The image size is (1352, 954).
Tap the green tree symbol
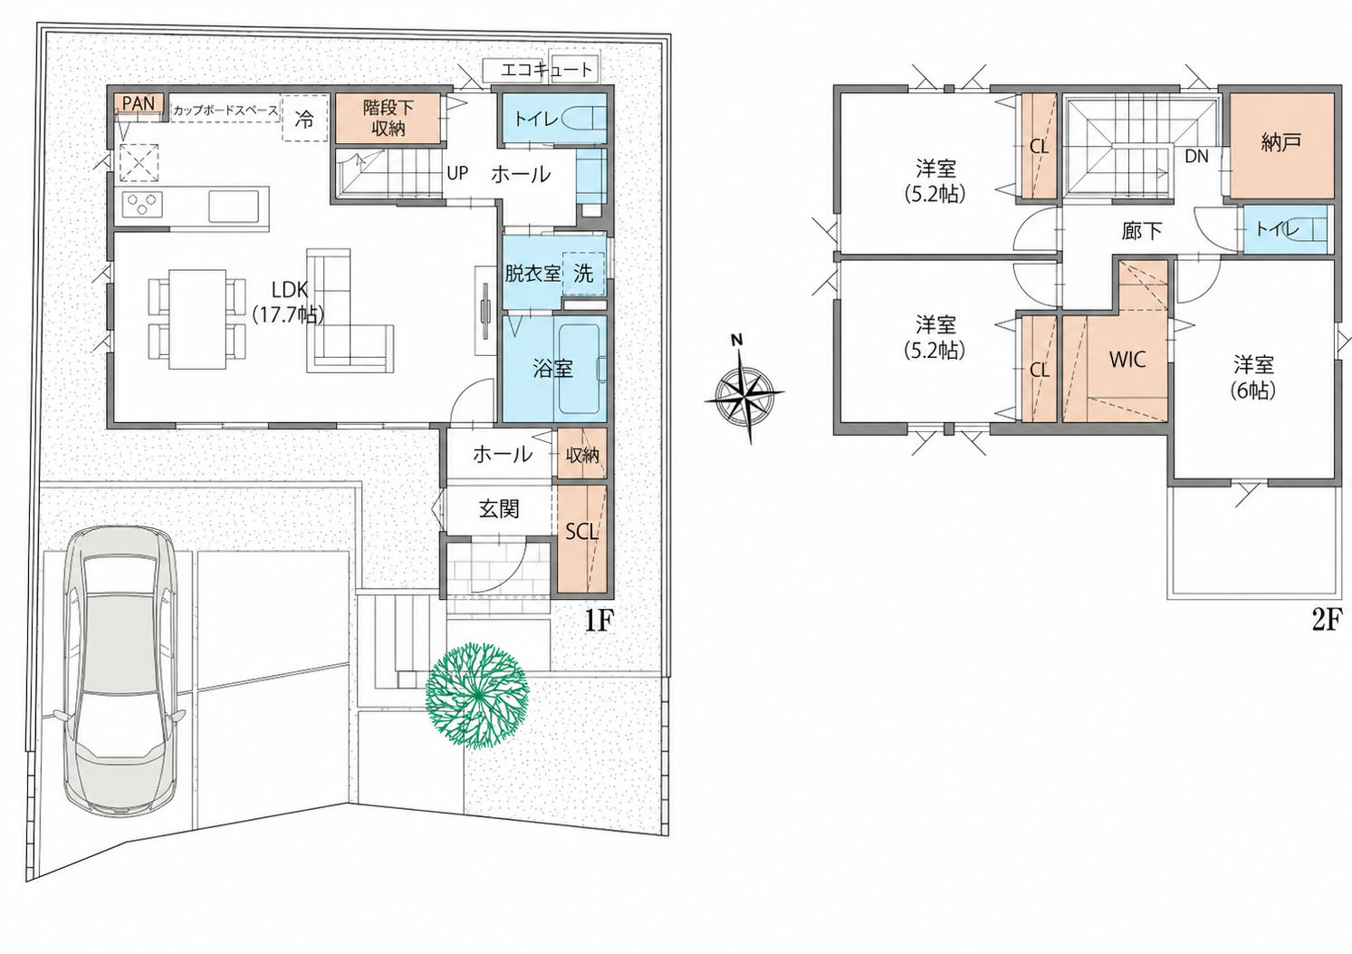coord(477,696)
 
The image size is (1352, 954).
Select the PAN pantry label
coord(139,103)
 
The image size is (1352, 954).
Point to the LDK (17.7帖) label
coord(289,302)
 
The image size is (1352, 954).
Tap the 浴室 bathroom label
coord(552,368)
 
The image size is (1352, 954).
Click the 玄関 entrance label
coord(499,509)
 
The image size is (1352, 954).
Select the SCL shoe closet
coord(581,538)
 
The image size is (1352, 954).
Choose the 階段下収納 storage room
coord(388,119)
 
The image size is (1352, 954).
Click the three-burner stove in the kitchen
coord(142,204)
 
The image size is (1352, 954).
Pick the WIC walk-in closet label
coord(1127,360)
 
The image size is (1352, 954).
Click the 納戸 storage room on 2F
coord(1281,145)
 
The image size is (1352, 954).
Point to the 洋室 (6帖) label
coord(1253,378)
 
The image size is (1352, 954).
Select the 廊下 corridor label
coord(1142,231)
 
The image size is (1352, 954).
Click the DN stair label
coord(1196,157)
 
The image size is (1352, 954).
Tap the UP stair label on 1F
coord(457,173)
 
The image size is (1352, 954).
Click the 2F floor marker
coord(1327,620)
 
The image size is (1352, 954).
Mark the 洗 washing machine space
coord(583,274)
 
